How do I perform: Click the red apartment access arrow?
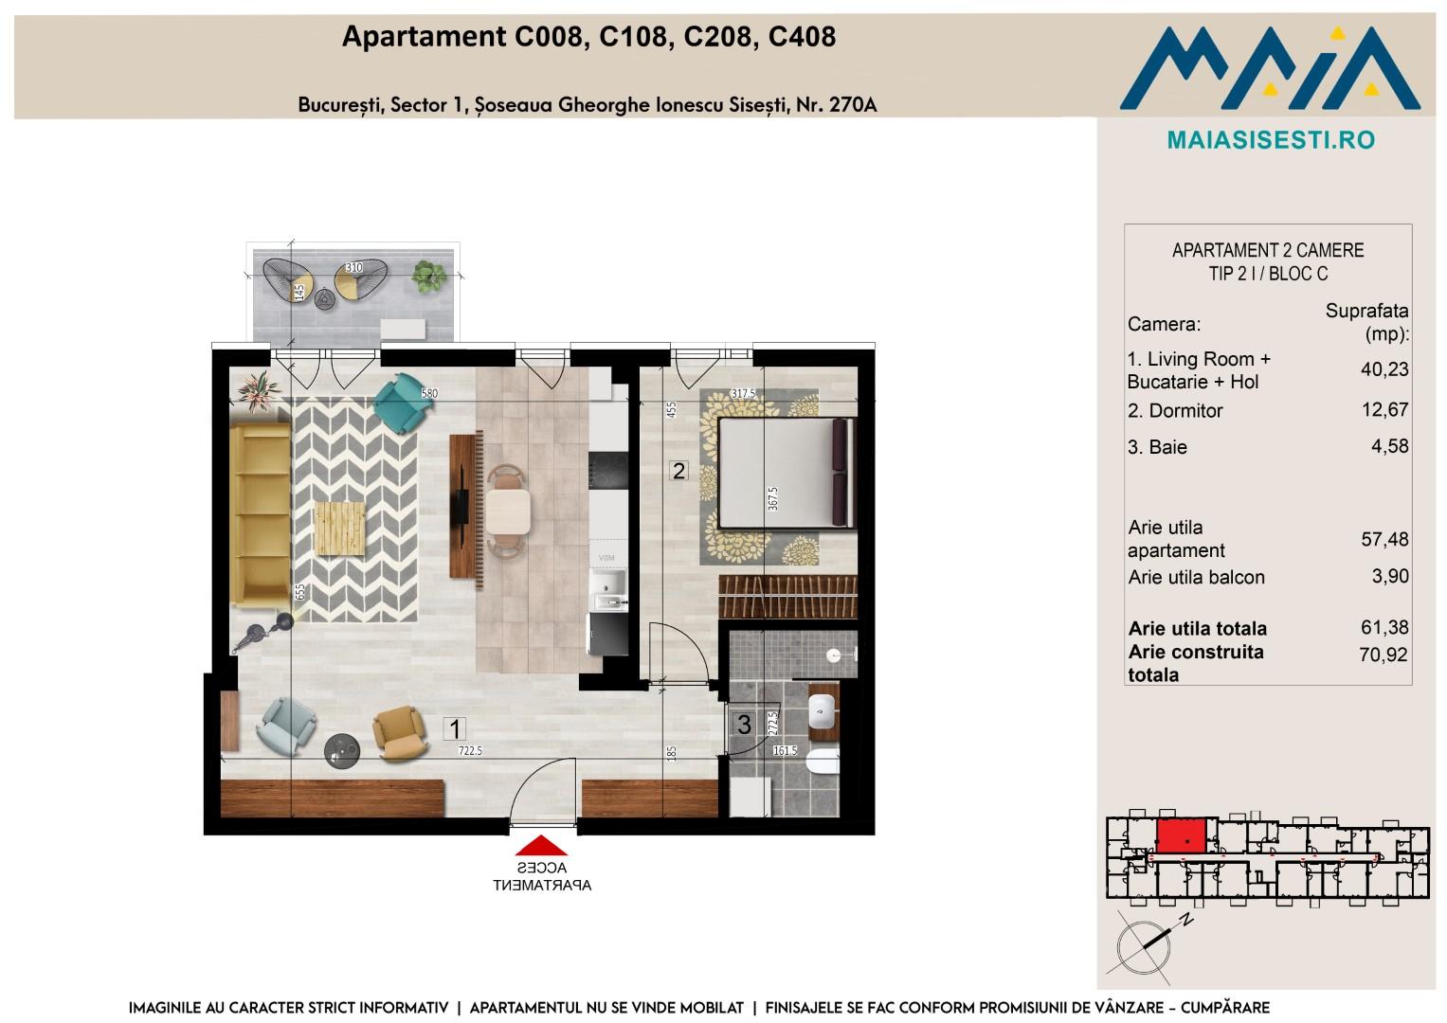pos(541,845)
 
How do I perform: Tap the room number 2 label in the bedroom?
pos(678,470)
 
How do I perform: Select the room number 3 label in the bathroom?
pos(744,725)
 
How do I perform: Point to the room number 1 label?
pos(455,729)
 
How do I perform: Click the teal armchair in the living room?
pos(403,403)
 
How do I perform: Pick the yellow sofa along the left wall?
pos(261,515)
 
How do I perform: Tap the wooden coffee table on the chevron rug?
pos(340,529)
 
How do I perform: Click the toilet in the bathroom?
pos(823,763)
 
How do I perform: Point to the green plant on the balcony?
pos(429,276)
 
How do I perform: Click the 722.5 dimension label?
pos(470,750)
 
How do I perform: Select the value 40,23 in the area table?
pos(1384,368)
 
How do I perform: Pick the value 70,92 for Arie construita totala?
pos(1384,655)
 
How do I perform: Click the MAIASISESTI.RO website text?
pos(1271,140)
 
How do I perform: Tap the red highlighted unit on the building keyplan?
pos(1180,837)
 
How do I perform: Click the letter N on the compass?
pos(1186,920)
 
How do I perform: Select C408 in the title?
pos(802,37)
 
